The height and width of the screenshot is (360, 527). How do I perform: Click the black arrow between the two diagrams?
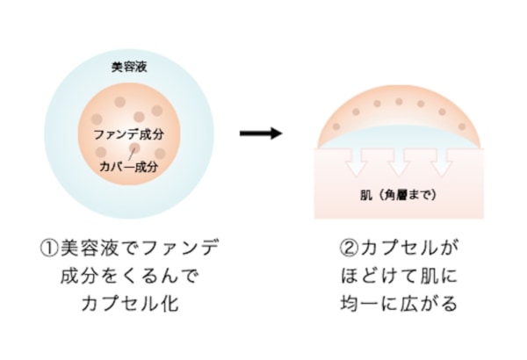click(261, 133)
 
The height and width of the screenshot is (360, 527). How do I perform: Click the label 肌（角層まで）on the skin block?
click(398, 194)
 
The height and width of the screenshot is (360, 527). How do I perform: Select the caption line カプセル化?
click(128, 305)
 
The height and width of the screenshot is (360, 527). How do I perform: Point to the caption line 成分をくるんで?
click(128, 277)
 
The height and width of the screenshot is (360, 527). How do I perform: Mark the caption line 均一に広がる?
click(398, 305)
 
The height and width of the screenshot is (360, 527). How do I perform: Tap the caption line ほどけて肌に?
click(398, 277)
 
